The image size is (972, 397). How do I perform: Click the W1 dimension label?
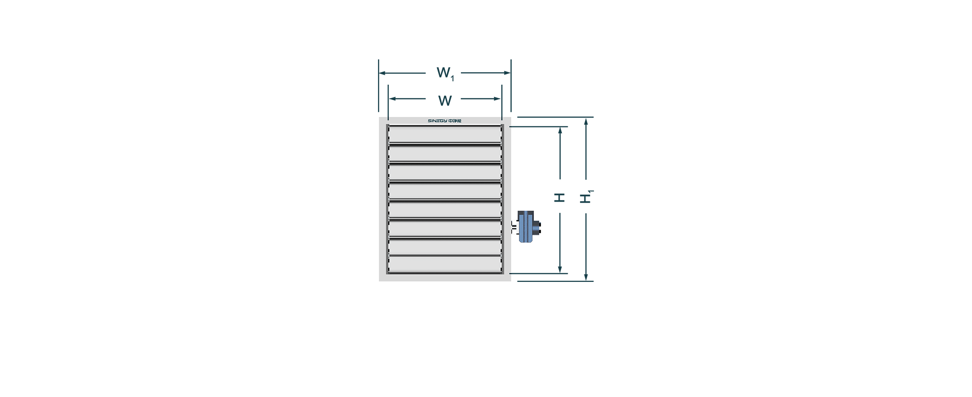click(445, 74)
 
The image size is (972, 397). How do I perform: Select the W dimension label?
click(445, 101)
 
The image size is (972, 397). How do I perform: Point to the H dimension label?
click(560, 197)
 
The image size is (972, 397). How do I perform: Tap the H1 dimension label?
click(587, 197)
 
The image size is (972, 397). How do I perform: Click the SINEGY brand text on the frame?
click(437, 121)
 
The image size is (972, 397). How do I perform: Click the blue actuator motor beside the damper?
click(528, 227)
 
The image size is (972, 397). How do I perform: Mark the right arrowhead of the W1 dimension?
click(508, 73)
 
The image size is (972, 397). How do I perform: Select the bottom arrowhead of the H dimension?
click(560, 270)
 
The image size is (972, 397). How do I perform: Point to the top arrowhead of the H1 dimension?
click(586, 121)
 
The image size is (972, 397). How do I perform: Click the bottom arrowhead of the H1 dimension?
click(586, 277)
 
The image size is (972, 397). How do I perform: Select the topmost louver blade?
click(445, 134)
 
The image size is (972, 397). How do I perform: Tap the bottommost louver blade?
click(445, 265)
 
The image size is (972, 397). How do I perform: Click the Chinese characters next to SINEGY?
click(455, 121)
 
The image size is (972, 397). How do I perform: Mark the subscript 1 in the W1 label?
click(452, 78)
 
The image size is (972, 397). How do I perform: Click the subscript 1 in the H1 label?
click(591, 192)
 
